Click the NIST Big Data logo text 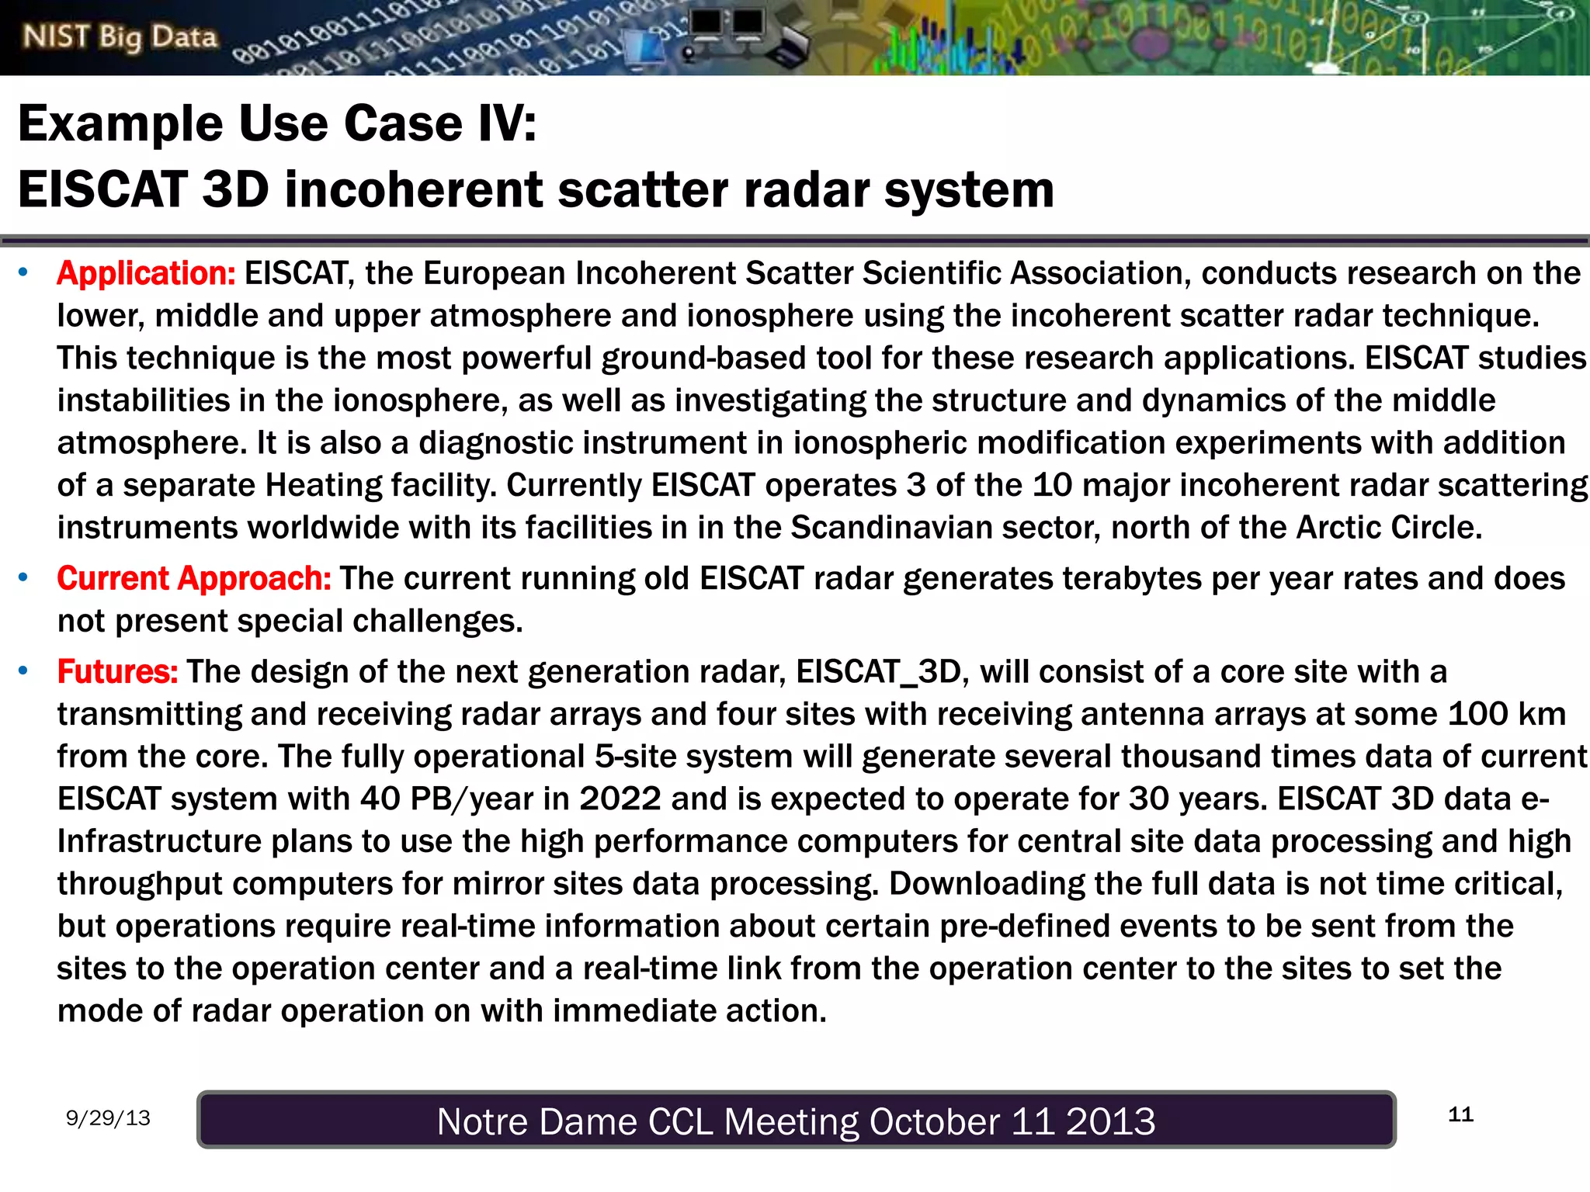click(x=120, y=36)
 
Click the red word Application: click(x=146, y=273)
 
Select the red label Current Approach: click(x=194, y=578)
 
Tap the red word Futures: click(x=117, y=671)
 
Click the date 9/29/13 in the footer click(x=108, y=1117)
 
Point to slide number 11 click(x=1460, y=1114)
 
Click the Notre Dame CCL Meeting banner click(x=796, y=1120)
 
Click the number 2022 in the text click(x=620, y=799)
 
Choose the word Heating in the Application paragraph click(x=324, y=485)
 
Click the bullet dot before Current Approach click(x=24, y=578)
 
